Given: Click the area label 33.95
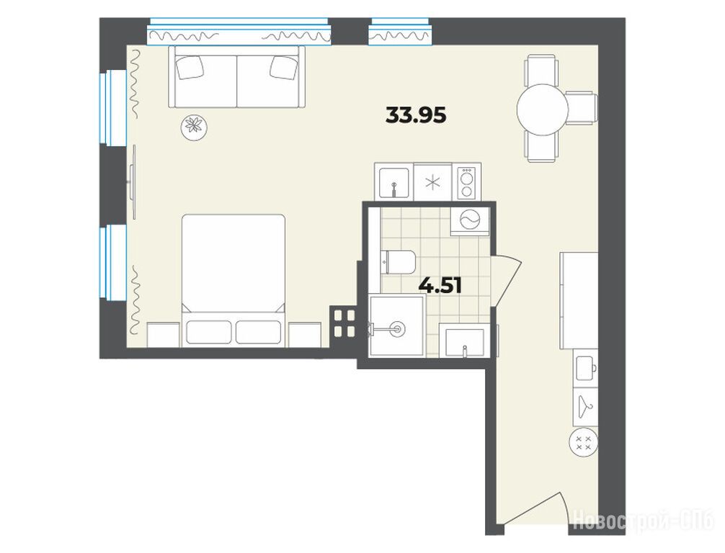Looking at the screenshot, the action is click(x=416, y=115).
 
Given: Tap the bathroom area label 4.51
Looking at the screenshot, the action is click(x=440, y=286).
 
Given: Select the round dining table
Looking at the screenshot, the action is click(x=543, y=109).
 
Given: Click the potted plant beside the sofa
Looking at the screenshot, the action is click(x=193, y=126).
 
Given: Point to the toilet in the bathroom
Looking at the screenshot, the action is click(x=398, y=262).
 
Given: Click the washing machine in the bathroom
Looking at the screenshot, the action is click(x=470, y=222).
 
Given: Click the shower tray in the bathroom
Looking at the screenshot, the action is click(x=396, y=326).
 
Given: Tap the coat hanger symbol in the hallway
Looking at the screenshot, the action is click(x=585, y=407).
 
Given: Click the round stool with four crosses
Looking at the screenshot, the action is click(x=584, y=443).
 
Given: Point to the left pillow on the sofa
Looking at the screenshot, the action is click(x=190, y=68).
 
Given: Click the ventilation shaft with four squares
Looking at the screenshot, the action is click(x=344, y=323).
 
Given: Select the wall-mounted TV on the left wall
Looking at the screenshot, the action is click(x=133, y=181).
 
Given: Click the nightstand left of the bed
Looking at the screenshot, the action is click(x=163, y=335).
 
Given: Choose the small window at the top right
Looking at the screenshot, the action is click(x=401, y=32).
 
